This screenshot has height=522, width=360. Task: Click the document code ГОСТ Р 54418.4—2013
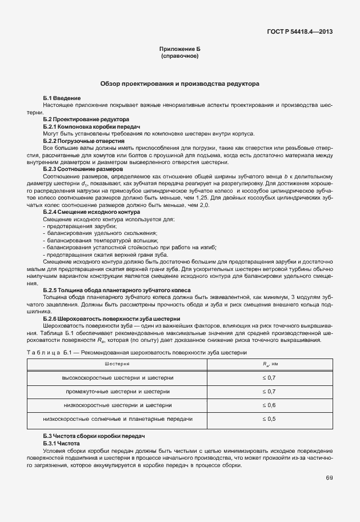click(x=299, y=31)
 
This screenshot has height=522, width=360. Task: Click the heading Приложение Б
click(x=180, y=50)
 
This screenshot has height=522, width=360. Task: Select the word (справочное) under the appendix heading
click(x=180, y=57)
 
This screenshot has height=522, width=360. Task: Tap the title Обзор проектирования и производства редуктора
click(x=180, y=83)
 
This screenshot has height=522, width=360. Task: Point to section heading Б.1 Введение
click(x=62, y=99)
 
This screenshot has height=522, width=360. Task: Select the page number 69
click(x=329, y=477)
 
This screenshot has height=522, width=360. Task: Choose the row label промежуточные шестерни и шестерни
click(x=118, y=391)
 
